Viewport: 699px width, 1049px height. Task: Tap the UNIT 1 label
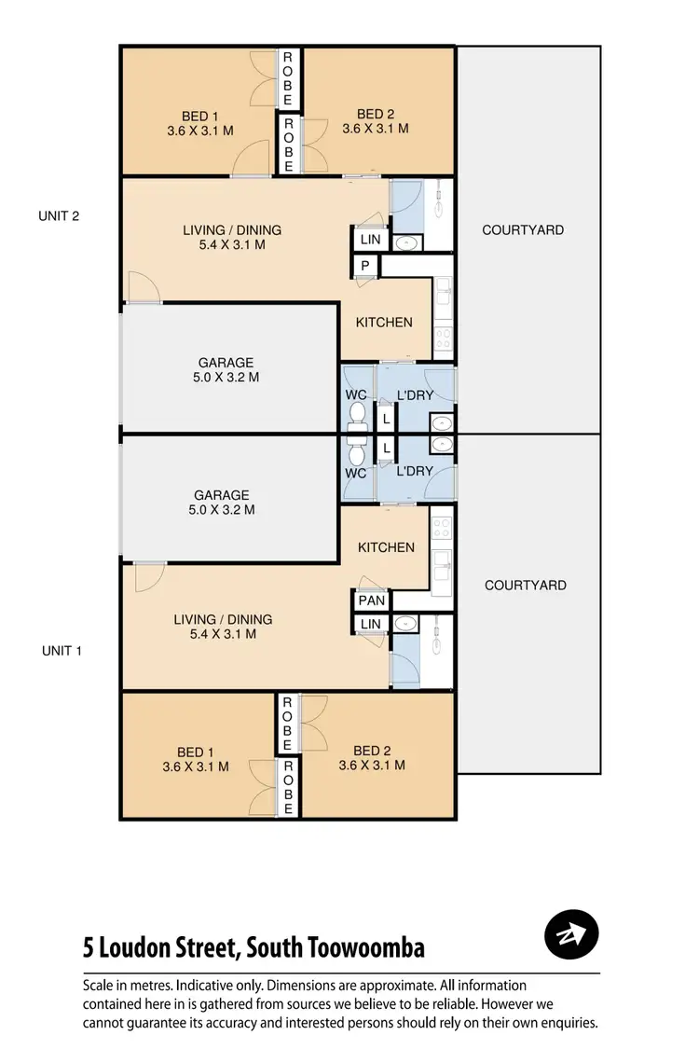[x=62, y=651]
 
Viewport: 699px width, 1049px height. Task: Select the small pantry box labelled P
[x=365, y=267]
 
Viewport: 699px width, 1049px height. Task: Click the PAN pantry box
[x=371, y=600]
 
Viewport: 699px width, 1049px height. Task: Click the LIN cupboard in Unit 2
[x=370, y=240]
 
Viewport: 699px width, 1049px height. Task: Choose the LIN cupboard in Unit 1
[x=370, y=624]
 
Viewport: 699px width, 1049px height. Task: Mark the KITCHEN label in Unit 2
[x=384, y=323]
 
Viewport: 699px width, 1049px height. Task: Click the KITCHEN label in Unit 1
[x=386, y=547]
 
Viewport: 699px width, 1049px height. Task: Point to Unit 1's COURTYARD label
[x=525, y=586]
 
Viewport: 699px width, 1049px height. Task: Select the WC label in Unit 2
[x=355, y=394]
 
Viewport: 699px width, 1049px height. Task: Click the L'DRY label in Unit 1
[x=414, y=472]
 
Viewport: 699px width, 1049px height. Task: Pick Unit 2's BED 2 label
[x=376, y=129]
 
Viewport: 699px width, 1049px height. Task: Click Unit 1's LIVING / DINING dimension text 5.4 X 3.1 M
[x=222, y=634]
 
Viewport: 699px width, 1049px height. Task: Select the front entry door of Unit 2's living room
[x=142, y=289]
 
